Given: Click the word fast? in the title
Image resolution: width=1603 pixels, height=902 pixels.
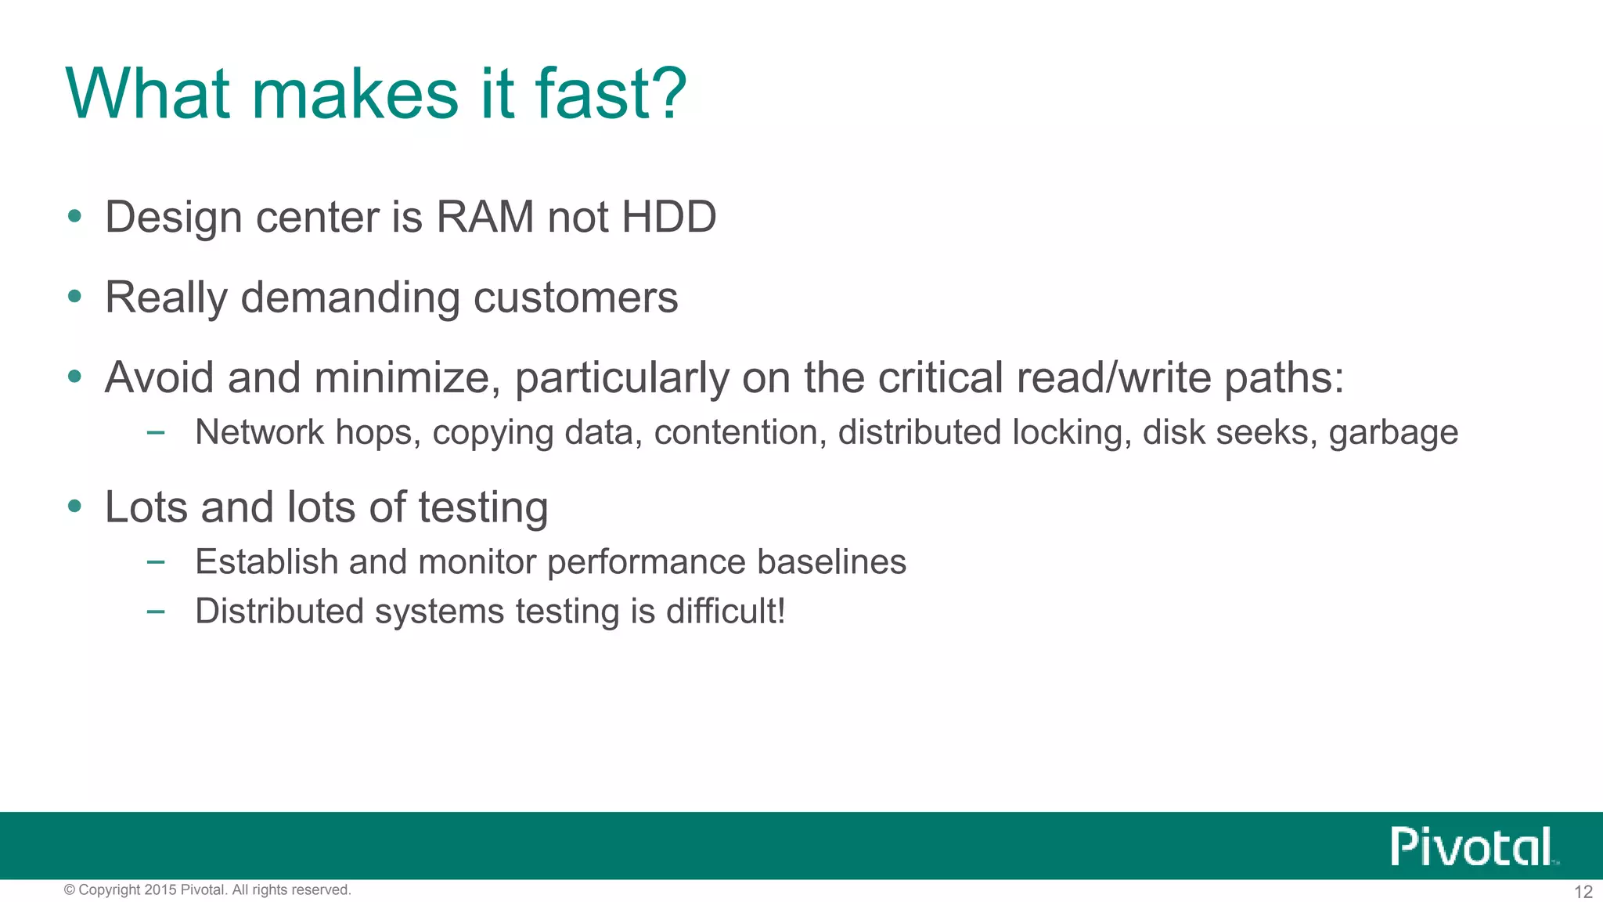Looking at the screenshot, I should pos(611,94).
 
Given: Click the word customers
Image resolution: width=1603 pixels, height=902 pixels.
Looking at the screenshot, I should pos(575,298).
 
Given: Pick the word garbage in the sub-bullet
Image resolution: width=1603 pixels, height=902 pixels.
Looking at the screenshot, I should pos(1393,433).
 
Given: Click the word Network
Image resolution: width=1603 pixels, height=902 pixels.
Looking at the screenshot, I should pos(259,432).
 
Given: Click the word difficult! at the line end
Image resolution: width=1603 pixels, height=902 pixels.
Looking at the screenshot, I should pos(726,612).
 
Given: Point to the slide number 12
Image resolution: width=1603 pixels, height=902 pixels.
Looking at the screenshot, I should pos(1583,892).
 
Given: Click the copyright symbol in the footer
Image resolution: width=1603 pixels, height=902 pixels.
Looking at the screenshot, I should pos(70,889).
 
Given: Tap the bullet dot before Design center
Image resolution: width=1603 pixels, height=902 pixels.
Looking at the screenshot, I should pos(75,216).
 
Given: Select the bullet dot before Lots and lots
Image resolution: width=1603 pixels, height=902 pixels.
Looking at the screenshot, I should pos(75,507).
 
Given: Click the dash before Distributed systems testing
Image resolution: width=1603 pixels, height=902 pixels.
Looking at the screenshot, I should pos(156,612).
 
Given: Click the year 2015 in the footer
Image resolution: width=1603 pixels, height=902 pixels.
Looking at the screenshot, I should pos(160,889).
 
